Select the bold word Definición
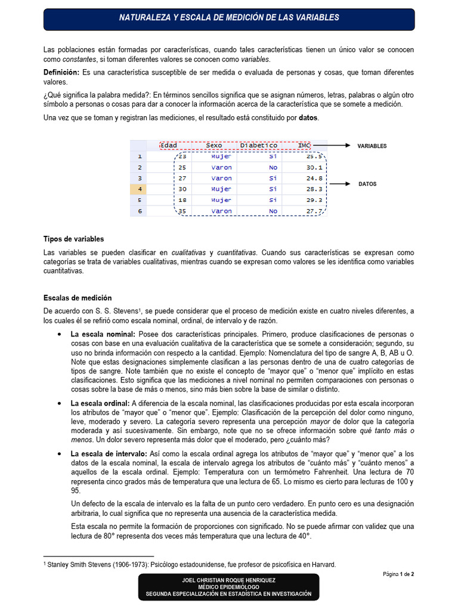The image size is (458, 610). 62,72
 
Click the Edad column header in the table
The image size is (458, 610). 169,145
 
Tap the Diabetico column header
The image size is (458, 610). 259,145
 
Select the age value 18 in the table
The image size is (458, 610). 182,200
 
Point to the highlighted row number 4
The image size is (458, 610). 139,189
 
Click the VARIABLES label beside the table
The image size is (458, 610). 372,146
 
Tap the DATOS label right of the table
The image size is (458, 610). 367,184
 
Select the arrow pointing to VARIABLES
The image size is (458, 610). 332,145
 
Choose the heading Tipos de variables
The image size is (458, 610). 73,239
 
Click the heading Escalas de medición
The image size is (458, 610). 78,298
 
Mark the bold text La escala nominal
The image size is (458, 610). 103,334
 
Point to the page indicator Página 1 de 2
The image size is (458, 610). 398,574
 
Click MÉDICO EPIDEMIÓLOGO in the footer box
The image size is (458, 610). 229,587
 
